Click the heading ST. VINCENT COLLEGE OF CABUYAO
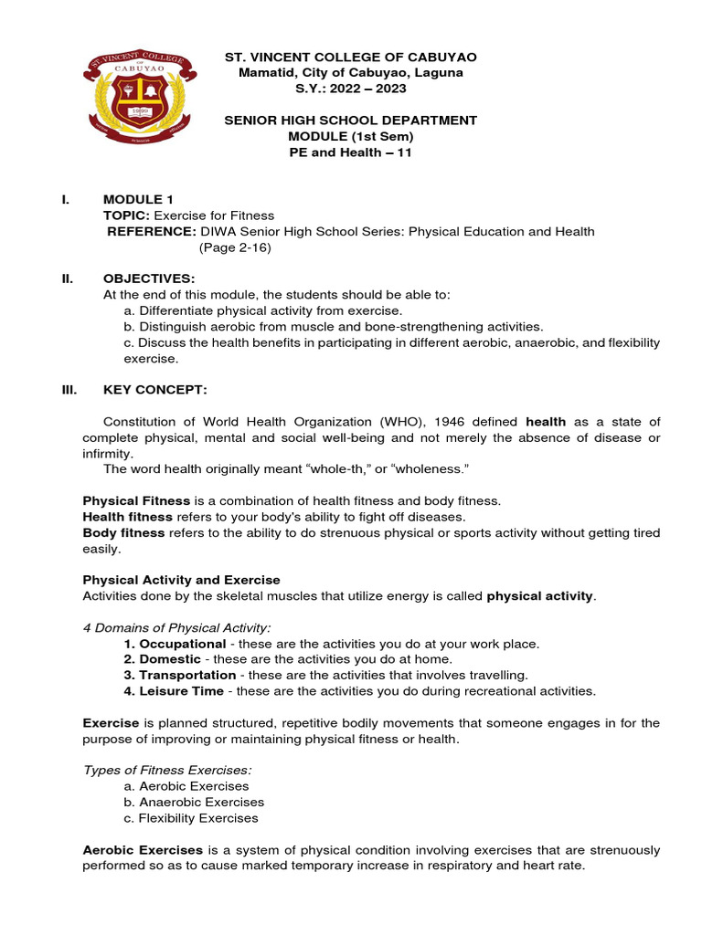click(351, 58)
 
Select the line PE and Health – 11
click(351, 152)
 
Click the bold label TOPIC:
click(126, 215)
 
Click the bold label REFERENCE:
click(151, 231)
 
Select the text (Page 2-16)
click(235, 247)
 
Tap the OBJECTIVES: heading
click(149, 278)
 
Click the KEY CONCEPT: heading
click(155, 390)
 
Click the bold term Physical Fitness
click(137, 501)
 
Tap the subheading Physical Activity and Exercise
click(182, 580)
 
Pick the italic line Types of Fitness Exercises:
click(167, 770)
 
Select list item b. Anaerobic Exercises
click(193, 802)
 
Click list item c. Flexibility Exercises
click(190, 818)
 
